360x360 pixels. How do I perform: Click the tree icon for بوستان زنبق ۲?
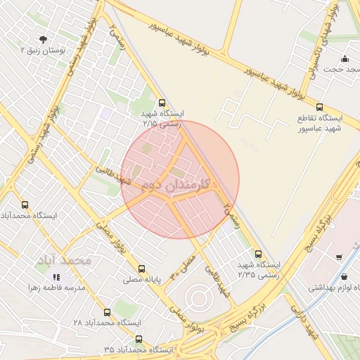pyautogui.click(x=44, y=39)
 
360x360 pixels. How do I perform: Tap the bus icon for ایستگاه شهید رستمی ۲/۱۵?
pyautogui.click(x=162, y=102)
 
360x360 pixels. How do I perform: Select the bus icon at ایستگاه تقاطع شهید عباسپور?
pyautogui.click(x=320, y=108)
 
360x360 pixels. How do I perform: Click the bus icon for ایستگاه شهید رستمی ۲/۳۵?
pyautogui.click(x=258, y=254)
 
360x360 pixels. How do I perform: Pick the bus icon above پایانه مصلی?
pyautogui.click(x=142, y=268)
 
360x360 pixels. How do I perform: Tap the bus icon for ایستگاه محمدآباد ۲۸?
pyautogui.click(x=107, y=311)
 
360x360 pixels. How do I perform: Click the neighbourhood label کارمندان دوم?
pyautogui.click(x=180, y=186)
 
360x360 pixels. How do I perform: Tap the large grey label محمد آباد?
pyautogui.click(x=65, y=260)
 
